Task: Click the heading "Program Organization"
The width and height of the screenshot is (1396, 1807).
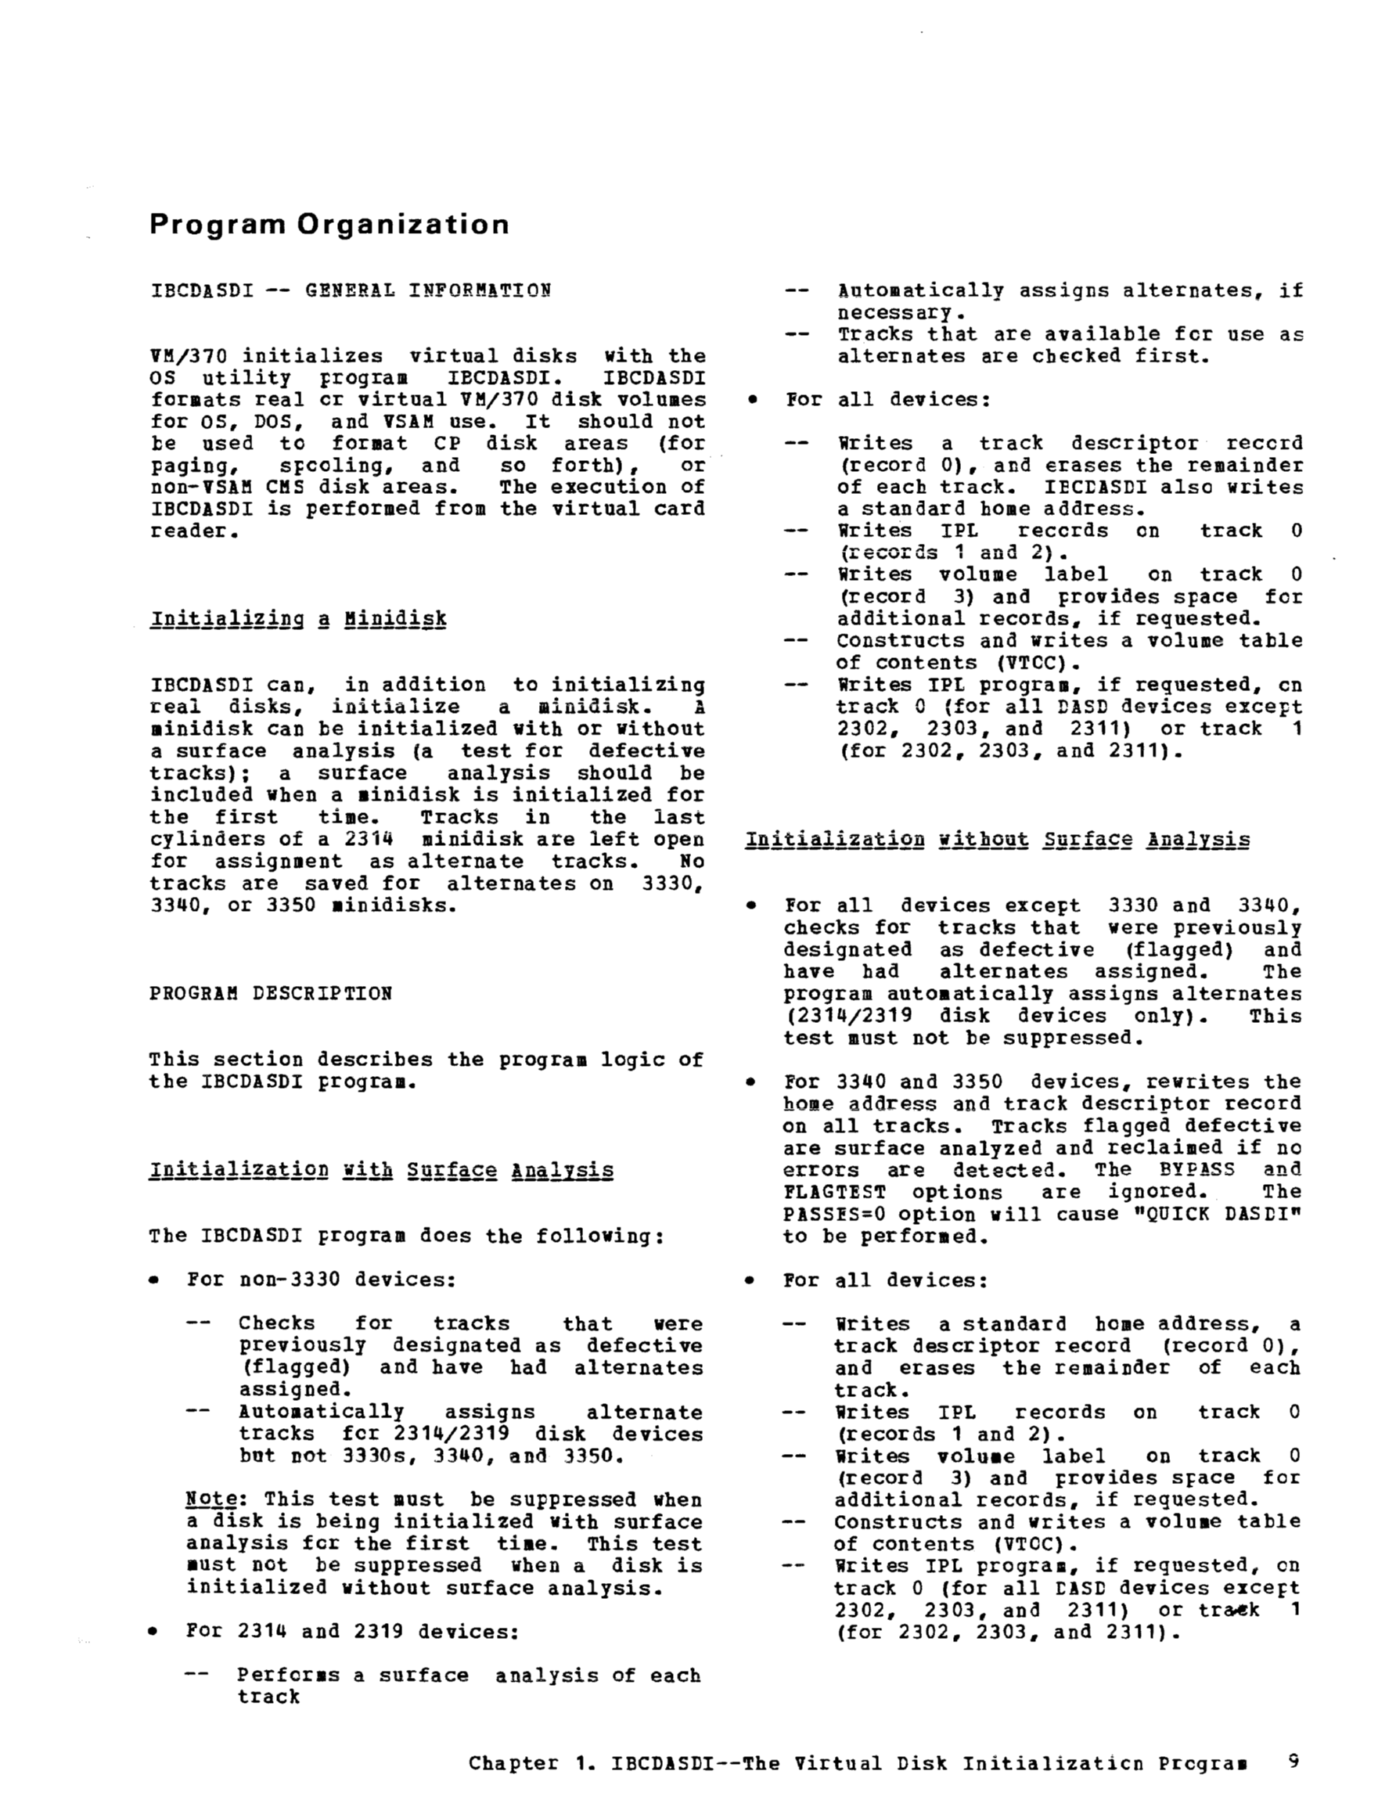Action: (x=329, y=225)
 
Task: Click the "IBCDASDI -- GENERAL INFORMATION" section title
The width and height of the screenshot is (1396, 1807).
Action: (x=351, y=290)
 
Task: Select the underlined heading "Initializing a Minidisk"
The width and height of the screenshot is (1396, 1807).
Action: (x=298, y=619)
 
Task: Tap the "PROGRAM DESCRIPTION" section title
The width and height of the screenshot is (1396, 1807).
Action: (x=271, y=993)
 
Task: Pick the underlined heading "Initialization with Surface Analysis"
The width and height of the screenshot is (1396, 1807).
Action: (x=382, y=1170)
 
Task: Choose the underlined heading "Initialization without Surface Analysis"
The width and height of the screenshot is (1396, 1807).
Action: (x=997, y=840)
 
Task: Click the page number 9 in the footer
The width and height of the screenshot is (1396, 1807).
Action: (x=1293, y=1761)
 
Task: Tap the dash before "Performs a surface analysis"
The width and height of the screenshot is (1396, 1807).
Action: (x=196, y=1676)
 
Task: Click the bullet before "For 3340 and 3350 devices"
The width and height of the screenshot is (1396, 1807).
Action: (x=751, y=1082)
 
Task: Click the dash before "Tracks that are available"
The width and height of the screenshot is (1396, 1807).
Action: (x=796, y=334)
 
